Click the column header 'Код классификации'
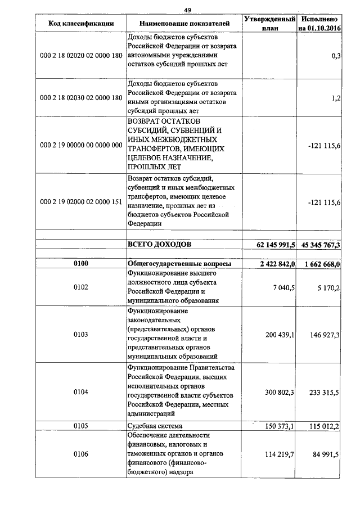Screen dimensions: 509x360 coord(81,24)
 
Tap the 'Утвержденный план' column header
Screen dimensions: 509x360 coord(269,24)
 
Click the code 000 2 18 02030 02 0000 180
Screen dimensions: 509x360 coord(81,98)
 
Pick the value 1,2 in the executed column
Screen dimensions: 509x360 coord(336,98)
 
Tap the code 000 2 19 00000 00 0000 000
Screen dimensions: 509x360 coord(81,145)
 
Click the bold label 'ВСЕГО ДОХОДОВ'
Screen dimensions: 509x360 coord(160,245)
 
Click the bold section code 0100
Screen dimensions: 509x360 coord(81,264)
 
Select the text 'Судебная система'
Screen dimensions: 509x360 coord(155,426)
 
